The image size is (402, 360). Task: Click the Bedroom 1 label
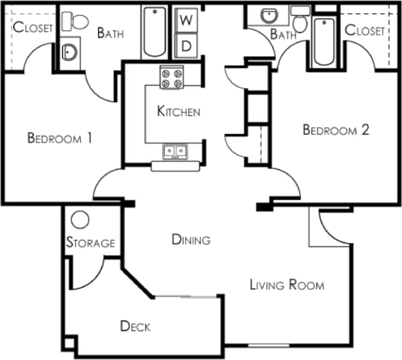coord(59,138)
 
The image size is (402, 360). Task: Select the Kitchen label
coord(178,112)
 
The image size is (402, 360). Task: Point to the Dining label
coord(191,239)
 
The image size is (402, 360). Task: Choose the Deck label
coord(135,326)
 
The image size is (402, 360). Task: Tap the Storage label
coord(91,243)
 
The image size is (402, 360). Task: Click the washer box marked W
coord(186,21)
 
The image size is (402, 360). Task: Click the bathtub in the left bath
coord(156,33)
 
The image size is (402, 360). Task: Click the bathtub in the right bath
coord(325,41)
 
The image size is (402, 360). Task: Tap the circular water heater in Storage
coord(80,219)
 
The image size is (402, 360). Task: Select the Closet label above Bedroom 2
coord(365,30)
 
